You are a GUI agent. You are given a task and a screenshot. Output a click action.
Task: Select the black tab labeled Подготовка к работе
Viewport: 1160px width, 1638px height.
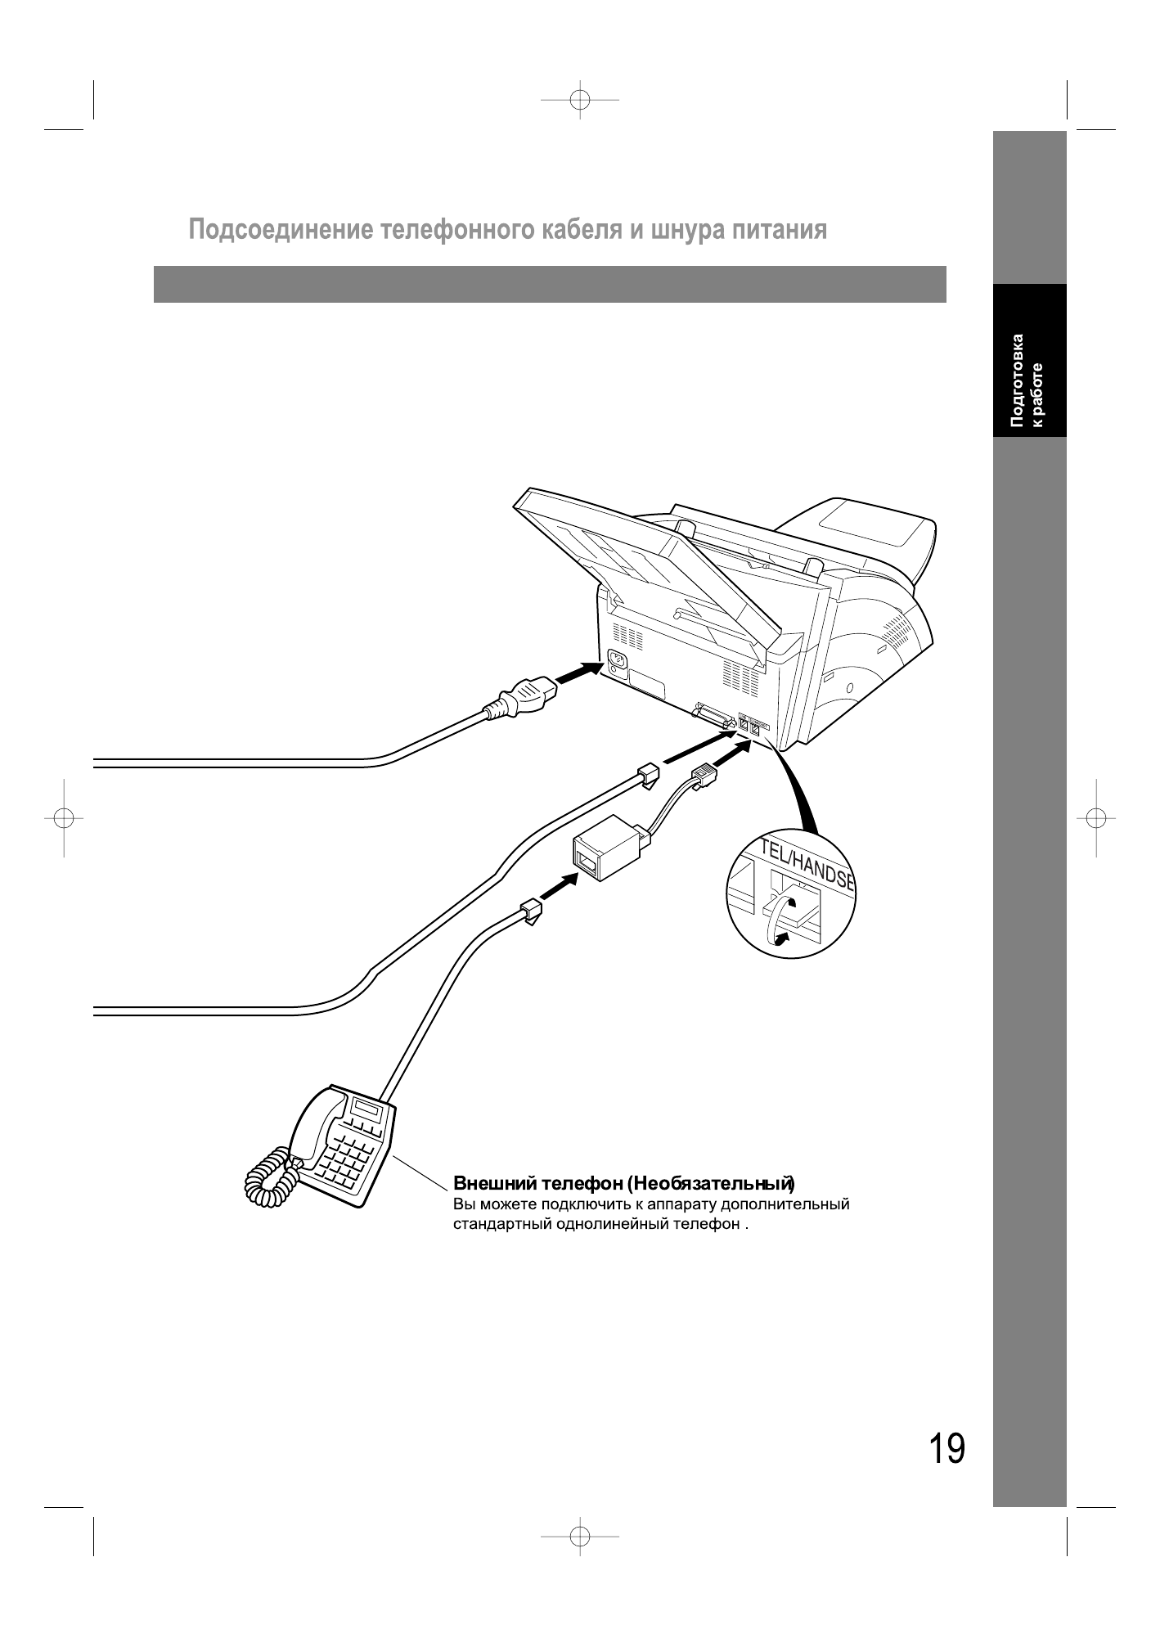1029,361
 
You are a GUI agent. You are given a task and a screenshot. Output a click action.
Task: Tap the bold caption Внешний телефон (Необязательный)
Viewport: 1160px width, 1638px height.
624,1183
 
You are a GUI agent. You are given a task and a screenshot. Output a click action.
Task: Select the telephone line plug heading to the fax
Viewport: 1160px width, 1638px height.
646,773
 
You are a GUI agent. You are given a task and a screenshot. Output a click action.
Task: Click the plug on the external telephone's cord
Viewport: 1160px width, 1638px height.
531,910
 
